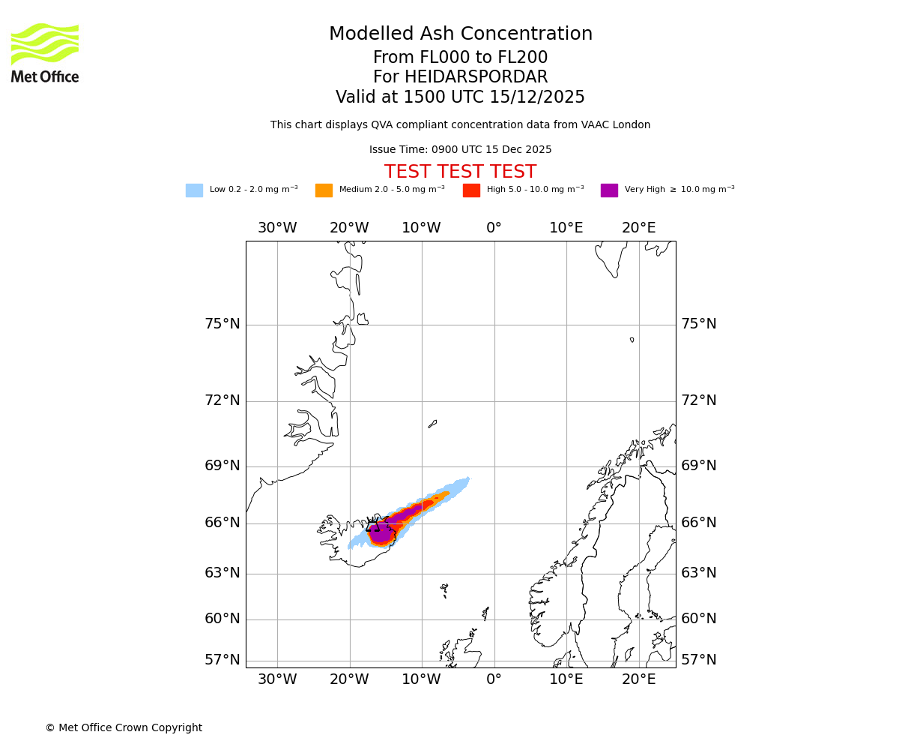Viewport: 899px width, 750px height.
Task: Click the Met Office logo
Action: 45,52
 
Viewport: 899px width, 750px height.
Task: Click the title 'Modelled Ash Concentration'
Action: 460,34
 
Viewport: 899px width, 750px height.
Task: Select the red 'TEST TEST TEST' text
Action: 460,172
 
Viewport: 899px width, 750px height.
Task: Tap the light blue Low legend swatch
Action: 194,190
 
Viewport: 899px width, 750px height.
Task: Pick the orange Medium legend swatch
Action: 324,190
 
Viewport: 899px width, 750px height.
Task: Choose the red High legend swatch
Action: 471,190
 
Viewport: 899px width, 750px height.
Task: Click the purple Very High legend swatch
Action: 609,190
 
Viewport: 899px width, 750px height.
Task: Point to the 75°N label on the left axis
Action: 223,324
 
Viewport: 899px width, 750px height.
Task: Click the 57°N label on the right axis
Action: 698,660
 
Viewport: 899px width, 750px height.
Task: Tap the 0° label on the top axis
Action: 494,228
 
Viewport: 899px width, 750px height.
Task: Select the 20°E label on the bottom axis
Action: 638,679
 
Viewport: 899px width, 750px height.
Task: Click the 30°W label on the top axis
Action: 277,228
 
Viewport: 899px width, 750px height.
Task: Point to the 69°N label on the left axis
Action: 223,466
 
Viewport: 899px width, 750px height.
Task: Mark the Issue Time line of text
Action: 460,150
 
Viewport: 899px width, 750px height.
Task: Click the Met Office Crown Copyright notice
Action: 124,728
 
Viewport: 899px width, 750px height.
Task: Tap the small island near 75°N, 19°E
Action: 632,340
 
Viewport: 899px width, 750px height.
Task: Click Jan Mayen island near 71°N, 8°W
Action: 432,424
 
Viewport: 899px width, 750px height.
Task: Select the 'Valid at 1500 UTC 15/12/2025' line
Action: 460,97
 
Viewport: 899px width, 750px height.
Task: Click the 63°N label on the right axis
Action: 698,573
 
